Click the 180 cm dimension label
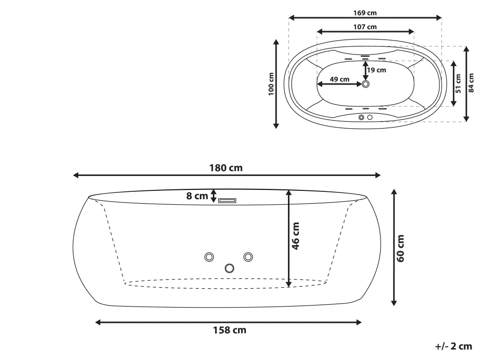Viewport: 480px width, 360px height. pos(226,168)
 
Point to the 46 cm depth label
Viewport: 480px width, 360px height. pos(296,236)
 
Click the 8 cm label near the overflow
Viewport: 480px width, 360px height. pos(197,196)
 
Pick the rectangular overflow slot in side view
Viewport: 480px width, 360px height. pos(228,200)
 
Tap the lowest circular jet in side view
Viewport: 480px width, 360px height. pos(229,268)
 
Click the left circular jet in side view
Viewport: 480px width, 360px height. pos(209,257)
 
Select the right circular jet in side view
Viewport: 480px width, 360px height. pos(248,257)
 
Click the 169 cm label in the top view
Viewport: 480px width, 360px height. pos(365,13)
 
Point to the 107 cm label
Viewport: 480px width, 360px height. pos(365,27)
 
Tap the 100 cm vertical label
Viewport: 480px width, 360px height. pos(271,84)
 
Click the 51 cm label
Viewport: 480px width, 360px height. pos(458,83)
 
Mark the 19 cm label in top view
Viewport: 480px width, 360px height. pos(377,70)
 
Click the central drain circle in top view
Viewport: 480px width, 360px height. pos(366,84)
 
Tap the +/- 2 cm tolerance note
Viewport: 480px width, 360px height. pos(453,347)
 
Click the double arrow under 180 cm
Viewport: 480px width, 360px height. pos(227,175)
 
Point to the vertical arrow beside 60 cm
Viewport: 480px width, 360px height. pos(394,247)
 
